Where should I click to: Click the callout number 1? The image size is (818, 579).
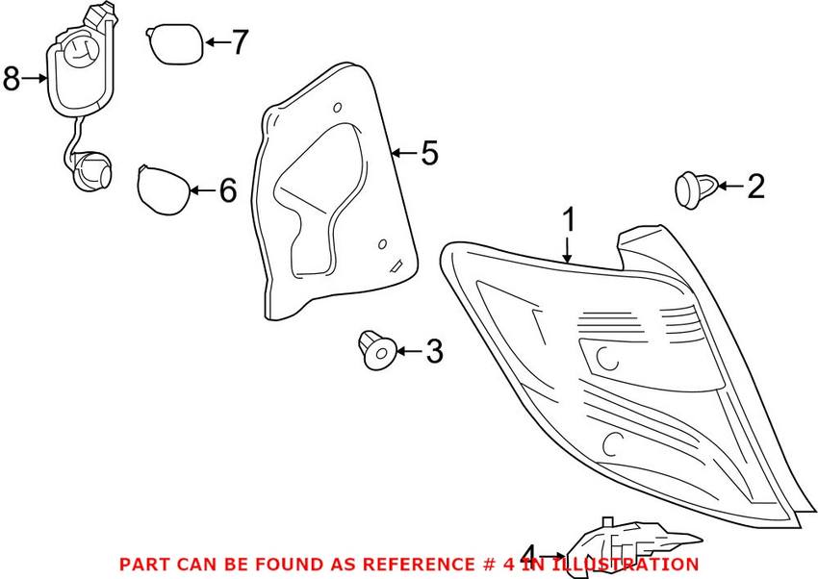pos(569,220)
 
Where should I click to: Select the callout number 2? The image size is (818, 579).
pos(755,187)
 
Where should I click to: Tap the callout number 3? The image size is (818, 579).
pos(434,352)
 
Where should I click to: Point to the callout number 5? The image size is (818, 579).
pos(429,152)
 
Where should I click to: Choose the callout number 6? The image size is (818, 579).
pos(227,190)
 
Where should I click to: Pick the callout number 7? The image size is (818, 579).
pos(239,42)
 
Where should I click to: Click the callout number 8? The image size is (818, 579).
pos(11,78)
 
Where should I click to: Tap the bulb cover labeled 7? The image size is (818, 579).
pos(174,43)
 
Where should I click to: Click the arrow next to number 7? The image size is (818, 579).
pos(214,42)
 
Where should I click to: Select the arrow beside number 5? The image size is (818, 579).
pos(405,152)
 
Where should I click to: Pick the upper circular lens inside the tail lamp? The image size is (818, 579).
pos(607,358)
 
